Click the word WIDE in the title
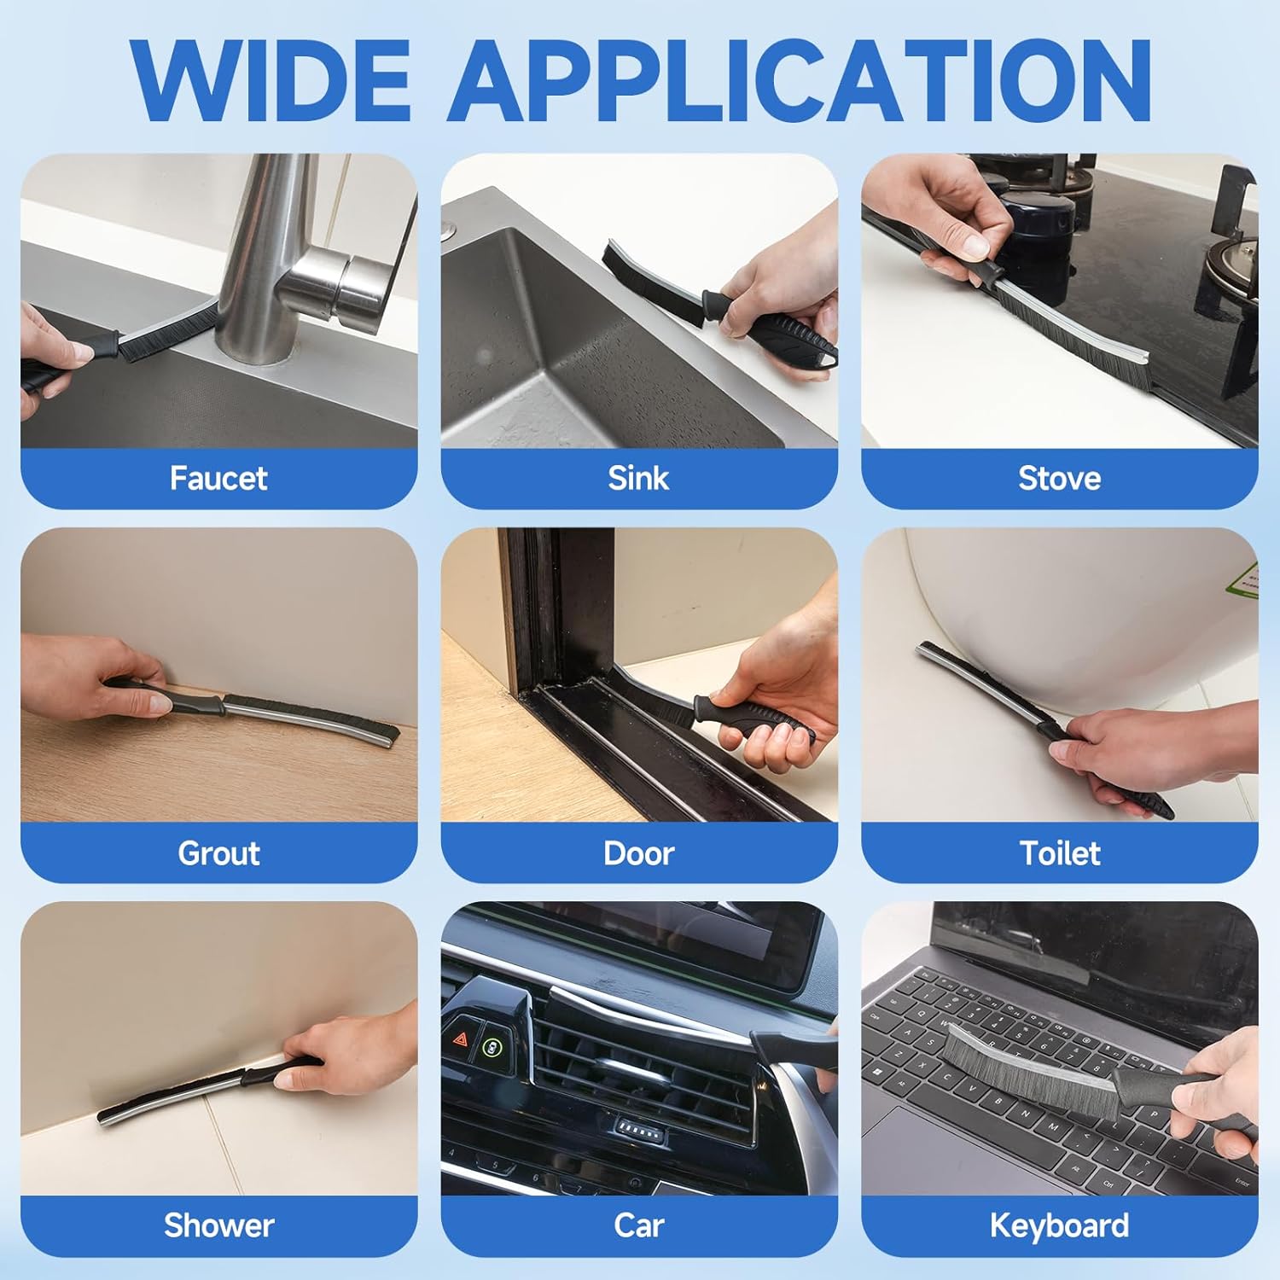click(271, 80)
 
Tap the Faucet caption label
click(218, 478)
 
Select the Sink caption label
click(638, 478)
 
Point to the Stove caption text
click(1059, 478)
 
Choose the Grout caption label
click(218, 852)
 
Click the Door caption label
click(638, 852)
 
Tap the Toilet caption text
click(1059, 852)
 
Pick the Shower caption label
click(218, 1225)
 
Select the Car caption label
click(638, 1225)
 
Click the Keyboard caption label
click(1059, 1226)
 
